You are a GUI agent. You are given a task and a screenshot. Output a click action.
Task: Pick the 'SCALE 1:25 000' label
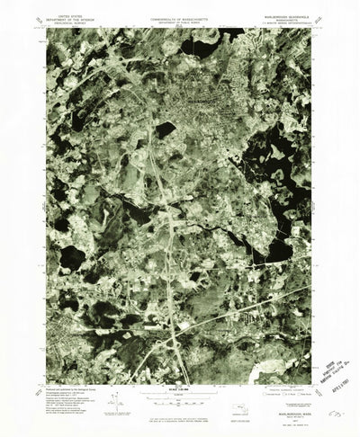pos(180,361)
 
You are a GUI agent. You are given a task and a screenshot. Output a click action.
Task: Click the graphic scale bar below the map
pos(180,370)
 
